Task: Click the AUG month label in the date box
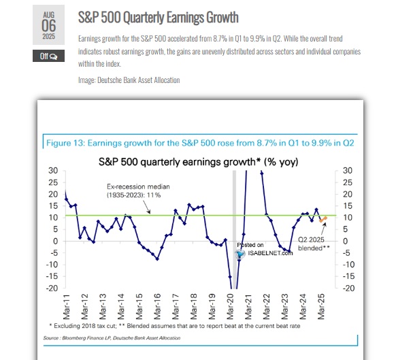click(48, 14)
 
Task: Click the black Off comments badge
click(48, 56)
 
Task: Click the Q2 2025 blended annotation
click(313, 243)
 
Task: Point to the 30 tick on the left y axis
click(52, 170)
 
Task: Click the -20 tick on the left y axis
click(50, 288)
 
